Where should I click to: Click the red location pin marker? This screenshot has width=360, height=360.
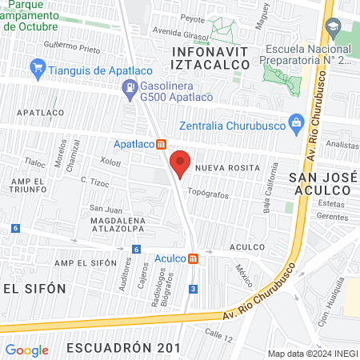point(181,162)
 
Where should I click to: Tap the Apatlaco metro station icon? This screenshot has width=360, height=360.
point(162,145)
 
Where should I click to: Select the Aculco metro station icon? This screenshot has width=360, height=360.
point(194,258)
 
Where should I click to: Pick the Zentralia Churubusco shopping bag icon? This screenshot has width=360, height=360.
point(296,122)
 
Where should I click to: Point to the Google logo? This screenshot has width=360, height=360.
point(27,350)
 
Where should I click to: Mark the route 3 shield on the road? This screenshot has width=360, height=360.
point(194,288)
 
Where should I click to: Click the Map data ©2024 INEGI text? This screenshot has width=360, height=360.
point(311,353)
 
